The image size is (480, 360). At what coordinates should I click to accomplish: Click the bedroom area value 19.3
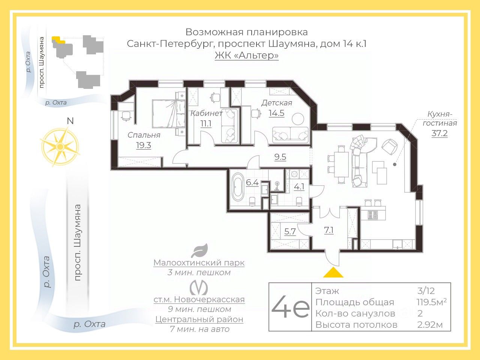143,145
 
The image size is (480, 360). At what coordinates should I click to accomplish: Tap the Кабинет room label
206,113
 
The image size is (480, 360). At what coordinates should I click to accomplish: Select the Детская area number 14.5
276,113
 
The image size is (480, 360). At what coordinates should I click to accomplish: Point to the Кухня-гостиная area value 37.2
439,133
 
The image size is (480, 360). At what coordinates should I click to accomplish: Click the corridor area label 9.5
280,157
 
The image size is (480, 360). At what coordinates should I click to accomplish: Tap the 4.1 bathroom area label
299,186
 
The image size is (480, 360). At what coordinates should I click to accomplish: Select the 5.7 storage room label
290,232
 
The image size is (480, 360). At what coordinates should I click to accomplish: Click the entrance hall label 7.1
328,230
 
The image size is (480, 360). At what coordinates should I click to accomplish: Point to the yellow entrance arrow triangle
333,273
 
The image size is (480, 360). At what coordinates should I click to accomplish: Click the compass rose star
60,146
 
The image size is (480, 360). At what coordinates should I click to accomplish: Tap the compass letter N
70,121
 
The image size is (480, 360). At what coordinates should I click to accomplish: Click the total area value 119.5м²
431,302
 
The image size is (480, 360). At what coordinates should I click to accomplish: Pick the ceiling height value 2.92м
430,325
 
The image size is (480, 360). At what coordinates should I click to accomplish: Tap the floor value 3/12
426,291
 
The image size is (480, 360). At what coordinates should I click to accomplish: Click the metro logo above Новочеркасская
199,287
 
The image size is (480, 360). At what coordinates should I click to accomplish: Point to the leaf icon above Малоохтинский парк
199,250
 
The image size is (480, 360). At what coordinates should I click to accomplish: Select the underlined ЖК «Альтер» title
246,55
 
